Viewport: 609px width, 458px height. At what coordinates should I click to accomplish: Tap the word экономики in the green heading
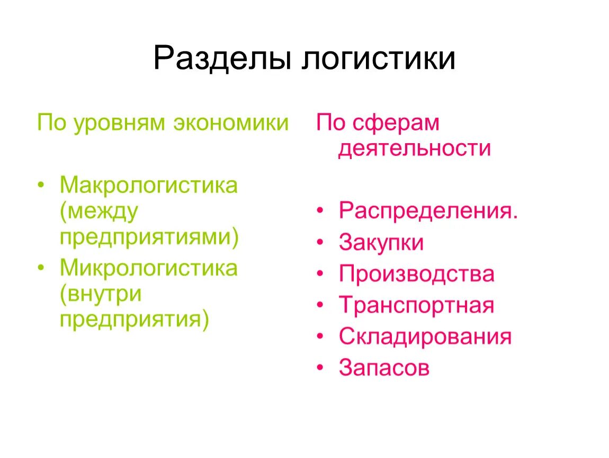[x=230, y=123]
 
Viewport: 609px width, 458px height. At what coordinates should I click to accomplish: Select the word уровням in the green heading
[x=121, y=123]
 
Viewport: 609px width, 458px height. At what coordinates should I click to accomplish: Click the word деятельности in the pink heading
[x=415, y=148]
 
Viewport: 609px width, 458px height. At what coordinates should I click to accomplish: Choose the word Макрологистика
[x=149, y=186]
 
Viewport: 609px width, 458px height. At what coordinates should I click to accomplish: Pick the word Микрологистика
[x=149, y=268]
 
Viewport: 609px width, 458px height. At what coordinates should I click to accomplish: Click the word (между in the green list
[x=99, y=212]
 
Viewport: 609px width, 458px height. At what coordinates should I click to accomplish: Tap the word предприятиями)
[x=149, y=237]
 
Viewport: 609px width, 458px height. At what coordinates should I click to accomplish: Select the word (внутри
[x=101, y=294]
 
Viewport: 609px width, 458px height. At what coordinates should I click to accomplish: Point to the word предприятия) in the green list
[x=135, y=319]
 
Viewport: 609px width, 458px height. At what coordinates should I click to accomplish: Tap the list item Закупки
[x=381, y=243]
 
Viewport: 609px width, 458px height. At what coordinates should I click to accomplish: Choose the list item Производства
[x=416, y=274]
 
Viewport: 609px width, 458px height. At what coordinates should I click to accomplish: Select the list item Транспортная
[x=416, y=305]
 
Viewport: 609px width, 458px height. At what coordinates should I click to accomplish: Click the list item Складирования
[x=425, y=337]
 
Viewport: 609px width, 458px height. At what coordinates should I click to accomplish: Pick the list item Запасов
[x=384, y=368]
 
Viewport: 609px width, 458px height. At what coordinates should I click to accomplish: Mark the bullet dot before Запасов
[x=320, y=368]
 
